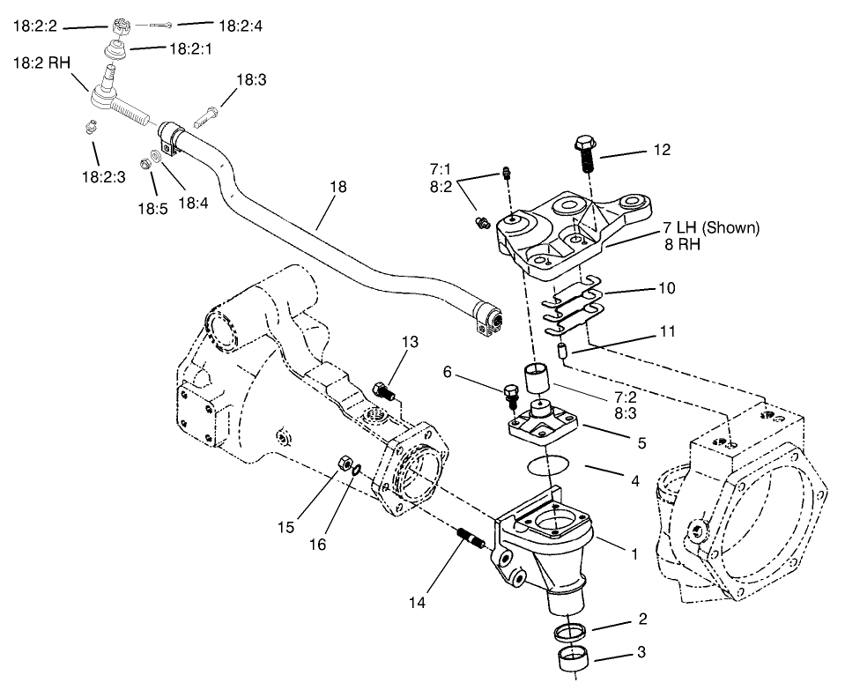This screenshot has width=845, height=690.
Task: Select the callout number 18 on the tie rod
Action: click(x=338, y=187)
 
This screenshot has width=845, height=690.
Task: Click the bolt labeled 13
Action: click(x=384, y=388)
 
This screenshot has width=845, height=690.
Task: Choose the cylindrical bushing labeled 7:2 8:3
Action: click(x=538, y=379)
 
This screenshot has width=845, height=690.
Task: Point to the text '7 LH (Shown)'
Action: click(x=712, y=228)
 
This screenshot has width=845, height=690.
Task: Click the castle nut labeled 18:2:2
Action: click(x=121, y=24)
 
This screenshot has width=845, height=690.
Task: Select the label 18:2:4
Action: click(x=240, y=26)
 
